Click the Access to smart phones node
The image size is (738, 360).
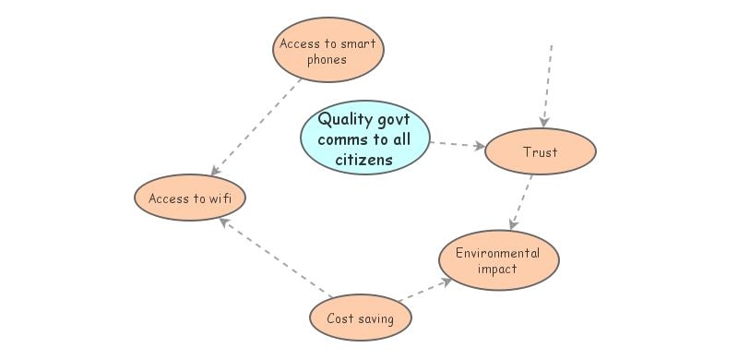tap(327, 52)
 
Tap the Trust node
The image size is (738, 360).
tap(540, 152)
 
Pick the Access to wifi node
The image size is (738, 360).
tap(191, 198)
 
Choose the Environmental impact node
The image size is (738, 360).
tap(498, 260)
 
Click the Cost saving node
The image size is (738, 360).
tap(360, 318)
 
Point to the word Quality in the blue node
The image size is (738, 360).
tap(344, 119)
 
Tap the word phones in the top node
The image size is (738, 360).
tap(327, 61)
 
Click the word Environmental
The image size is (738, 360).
tap(498, 252)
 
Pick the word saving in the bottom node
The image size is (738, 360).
tap(377, 319)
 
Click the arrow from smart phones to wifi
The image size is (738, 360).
tap(258, 126)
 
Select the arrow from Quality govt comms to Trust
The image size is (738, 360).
tap(458, 144)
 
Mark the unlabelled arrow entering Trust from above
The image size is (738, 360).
tap(547, 83)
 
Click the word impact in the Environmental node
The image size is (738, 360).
tap(497, 270)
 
